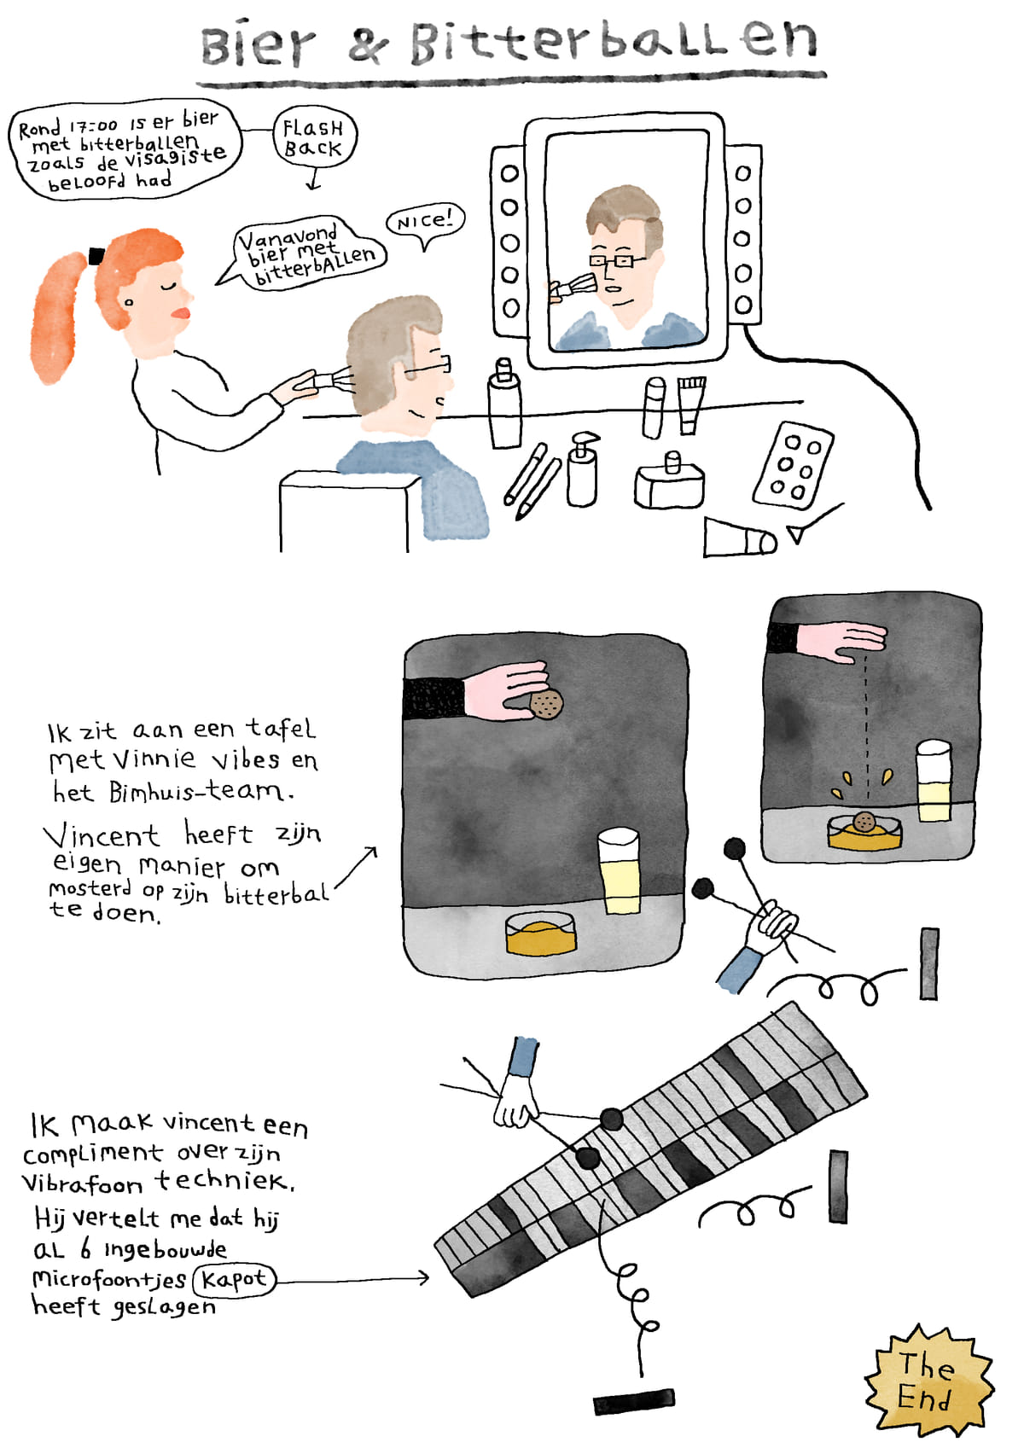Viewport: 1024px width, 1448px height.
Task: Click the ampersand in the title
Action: click(369, 46)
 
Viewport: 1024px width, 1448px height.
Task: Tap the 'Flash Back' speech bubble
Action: click(314, 137)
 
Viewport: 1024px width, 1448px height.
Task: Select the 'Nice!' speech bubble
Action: click(425, 223)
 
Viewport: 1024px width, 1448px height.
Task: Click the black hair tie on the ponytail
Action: click(96, 257)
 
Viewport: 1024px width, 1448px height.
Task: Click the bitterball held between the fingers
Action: click(546, 704)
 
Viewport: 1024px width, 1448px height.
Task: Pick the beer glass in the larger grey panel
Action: click(620, 870)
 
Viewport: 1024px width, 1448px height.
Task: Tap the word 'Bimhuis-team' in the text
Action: click(201, 792)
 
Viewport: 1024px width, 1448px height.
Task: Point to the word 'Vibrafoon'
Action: click(81, 1183)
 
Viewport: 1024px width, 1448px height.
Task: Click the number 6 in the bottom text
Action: click(85, 1249)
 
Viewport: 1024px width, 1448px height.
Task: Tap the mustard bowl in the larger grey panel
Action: click(540, 933)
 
